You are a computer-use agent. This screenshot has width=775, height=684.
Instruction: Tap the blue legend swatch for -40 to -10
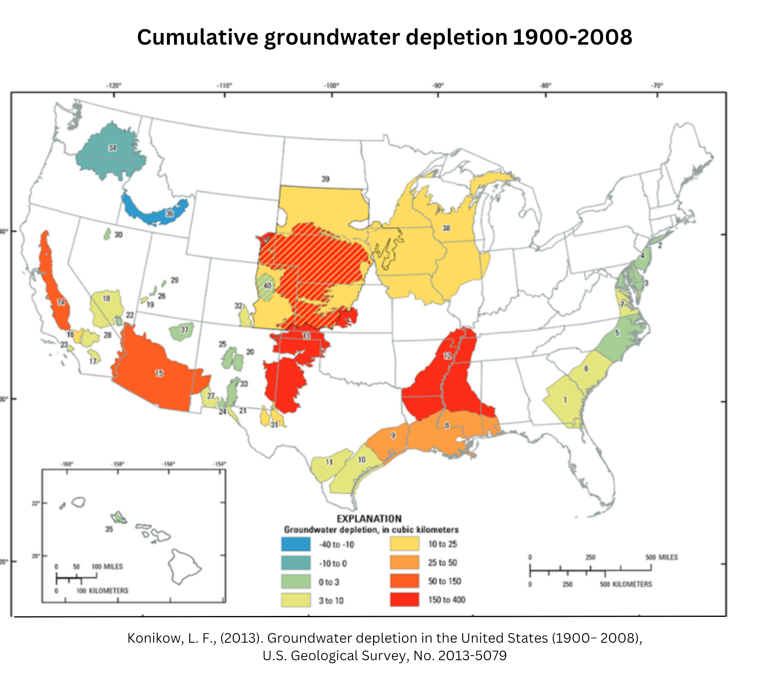coord(295,544)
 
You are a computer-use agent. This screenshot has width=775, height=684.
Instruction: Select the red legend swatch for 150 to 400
coord(404,600)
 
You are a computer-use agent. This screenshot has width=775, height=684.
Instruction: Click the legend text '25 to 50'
coord(442,563)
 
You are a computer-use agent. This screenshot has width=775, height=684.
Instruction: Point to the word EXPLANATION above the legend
coord(369,519)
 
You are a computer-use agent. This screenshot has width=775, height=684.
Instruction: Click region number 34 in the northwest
coord(112,148)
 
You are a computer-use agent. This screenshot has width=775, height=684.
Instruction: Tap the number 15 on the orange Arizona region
coord(159,373)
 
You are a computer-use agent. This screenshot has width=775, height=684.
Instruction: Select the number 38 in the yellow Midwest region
coord(446,228)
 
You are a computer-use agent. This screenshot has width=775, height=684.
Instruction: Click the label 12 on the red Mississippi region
coord(447,356)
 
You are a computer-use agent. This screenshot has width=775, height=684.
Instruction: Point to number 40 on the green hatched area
coord(267,285)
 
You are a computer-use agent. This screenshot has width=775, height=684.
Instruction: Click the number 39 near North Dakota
coord(325,179)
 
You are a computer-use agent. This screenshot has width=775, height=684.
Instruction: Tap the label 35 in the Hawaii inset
coord(109,529)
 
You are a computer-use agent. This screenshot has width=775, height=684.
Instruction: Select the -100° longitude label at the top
coord(332,86)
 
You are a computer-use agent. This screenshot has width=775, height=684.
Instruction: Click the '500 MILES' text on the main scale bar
coord(661,557)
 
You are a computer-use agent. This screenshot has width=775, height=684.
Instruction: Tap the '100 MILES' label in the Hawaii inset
coord(107,566)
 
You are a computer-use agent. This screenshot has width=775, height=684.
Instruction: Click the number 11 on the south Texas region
coord(329,462)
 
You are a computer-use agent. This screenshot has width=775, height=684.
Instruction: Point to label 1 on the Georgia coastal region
coord(565,400)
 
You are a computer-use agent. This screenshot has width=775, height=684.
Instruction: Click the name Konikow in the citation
coord(154,638)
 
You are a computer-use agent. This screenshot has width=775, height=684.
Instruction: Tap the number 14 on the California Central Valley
coord(61,302)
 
